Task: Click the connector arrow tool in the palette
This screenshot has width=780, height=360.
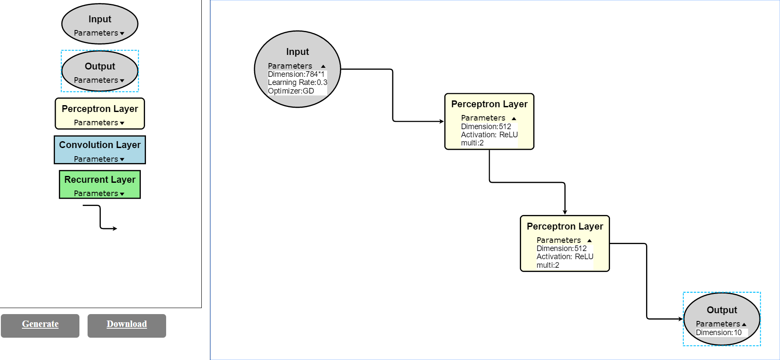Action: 100,218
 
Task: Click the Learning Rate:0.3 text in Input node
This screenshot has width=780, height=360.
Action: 297,82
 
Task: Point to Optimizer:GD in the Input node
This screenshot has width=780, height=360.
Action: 291,91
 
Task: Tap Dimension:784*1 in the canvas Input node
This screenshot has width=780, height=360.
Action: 296,74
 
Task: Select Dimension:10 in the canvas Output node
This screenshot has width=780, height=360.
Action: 718,333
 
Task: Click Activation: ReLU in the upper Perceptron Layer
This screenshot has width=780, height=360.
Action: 489,135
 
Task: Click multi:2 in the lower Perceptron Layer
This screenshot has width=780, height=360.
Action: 547,265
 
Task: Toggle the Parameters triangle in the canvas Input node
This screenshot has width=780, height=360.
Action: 323,66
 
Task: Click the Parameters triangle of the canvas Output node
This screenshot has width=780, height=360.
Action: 744,324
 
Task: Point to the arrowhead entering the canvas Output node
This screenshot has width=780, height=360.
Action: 680,319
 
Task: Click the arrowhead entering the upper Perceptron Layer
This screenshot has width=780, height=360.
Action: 441,121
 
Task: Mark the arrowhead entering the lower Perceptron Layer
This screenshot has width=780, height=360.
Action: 565,212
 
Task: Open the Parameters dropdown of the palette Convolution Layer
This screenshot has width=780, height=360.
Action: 122,160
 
